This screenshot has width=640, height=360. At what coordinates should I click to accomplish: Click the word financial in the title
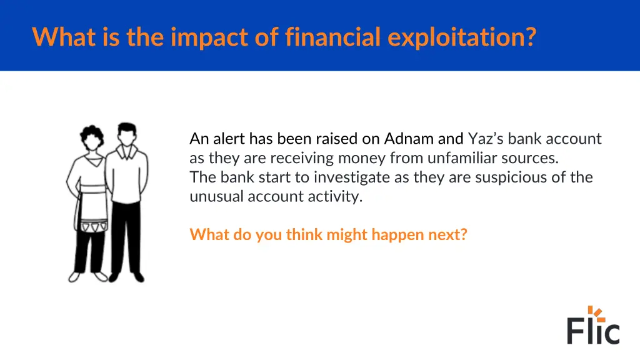click(333, 37)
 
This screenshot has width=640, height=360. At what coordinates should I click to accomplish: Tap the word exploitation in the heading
click(461, 37)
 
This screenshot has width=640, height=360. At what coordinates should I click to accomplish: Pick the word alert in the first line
click(229, 138)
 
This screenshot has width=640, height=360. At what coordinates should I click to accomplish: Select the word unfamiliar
click(462, 157)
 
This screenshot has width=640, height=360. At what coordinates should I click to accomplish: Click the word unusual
click(216, 196)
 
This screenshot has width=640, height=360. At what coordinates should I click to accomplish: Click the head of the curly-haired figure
click(92, 138)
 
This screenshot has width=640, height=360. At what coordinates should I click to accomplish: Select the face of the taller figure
click(127, 135)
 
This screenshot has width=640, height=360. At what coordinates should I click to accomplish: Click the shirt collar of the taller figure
click(127, 152)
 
